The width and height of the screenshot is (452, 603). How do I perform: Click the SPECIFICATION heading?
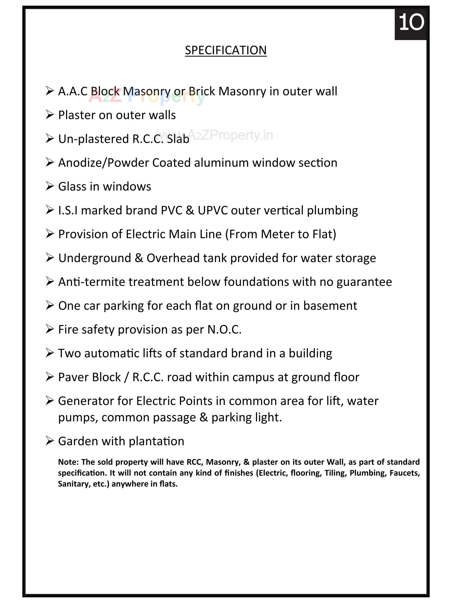coord(226,50)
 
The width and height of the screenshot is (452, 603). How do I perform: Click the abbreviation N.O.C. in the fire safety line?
coord(224,330)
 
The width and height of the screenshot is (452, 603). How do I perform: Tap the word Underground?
coord(94,258)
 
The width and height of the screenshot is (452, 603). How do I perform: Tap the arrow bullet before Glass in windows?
coord(50,186)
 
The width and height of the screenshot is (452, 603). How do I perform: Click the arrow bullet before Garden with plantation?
coord(50,441)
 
